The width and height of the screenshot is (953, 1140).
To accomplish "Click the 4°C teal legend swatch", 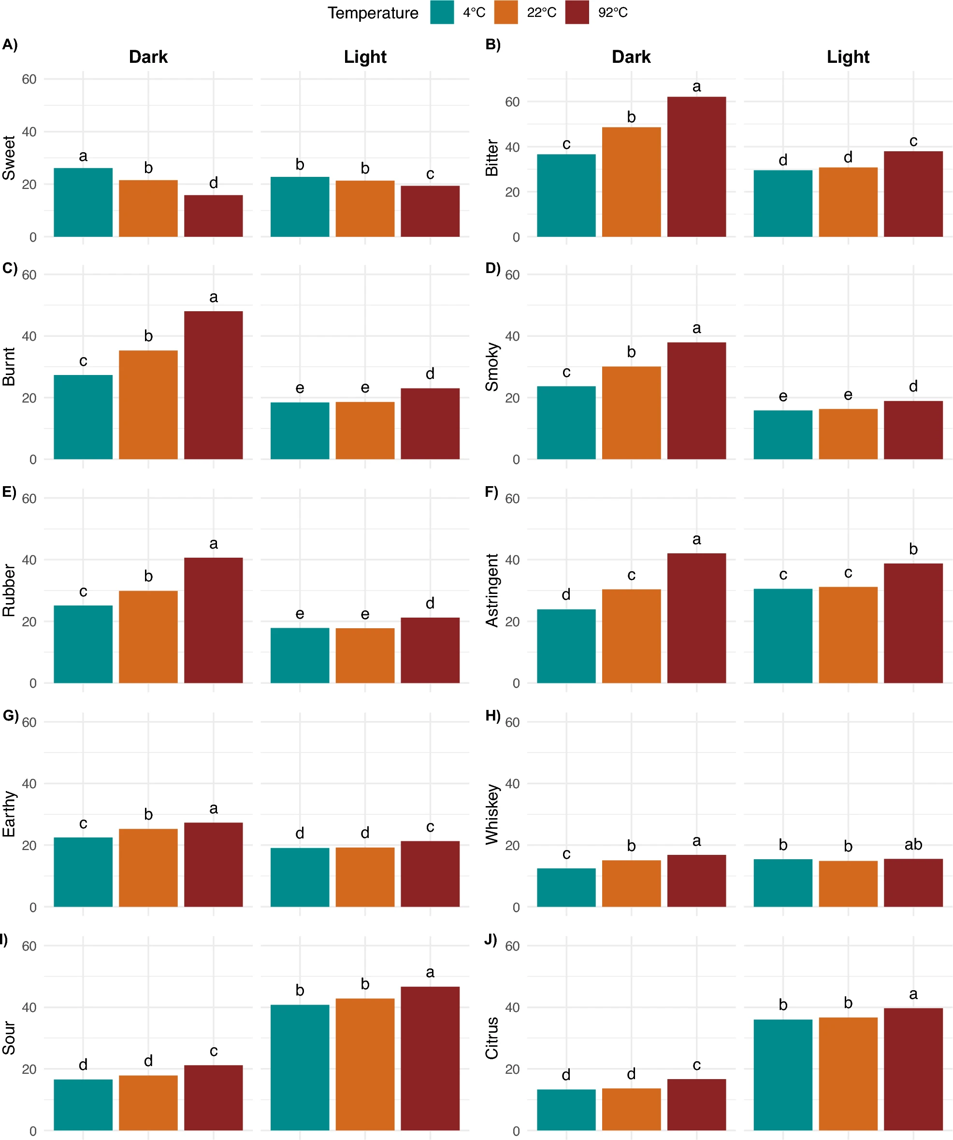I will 442,13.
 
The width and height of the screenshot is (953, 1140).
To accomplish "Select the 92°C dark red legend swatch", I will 577,13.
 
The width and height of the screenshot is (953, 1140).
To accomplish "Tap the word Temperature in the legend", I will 373,13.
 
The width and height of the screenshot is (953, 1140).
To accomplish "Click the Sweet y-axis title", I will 9,158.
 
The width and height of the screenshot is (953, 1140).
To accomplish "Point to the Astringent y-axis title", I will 492,591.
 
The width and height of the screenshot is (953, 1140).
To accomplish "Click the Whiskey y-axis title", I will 492,814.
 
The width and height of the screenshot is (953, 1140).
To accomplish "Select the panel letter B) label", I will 492,44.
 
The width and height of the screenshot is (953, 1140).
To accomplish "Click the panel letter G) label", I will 10,716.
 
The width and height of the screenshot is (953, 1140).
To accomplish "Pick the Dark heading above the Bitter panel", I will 631,57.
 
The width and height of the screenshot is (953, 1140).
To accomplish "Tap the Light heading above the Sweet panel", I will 365,57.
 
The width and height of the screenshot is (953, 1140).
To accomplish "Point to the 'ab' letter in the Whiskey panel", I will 913,844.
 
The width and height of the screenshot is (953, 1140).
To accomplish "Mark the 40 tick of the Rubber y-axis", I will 29,560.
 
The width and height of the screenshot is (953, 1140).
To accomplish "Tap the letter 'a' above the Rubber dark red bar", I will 214,543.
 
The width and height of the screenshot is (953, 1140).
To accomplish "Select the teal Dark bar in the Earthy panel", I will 83,872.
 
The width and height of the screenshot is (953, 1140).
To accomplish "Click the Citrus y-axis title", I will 492,1038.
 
